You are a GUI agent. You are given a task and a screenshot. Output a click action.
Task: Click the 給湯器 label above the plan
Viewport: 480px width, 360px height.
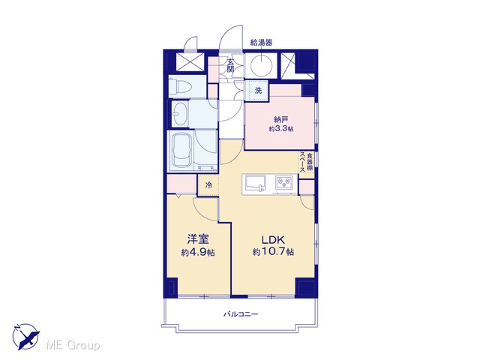(261, 43)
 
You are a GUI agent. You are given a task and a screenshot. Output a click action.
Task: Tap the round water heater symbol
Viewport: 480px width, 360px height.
(261, 65)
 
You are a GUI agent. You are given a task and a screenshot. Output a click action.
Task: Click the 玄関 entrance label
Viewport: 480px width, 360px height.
(230, 65)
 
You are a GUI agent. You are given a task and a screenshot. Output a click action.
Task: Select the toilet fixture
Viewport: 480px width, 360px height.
(181, 86)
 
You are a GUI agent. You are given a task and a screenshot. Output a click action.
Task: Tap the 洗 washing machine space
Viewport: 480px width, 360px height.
(259, 90)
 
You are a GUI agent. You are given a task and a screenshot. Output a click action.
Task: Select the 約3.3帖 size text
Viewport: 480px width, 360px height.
(281, 129)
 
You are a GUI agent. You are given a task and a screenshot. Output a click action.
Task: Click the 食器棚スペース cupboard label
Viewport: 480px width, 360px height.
(307, 162)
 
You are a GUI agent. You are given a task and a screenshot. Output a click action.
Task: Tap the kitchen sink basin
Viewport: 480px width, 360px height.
(254, 183)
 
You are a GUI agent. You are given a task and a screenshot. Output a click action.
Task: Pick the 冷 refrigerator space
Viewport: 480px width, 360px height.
(208, 185)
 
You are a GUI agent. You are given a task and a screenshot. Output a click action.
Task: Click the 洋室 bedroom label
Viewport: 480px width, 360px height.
(198, 239)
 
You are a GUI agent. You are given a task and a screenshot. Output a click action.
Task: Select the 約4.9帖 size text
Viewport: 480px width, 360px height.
(198, 253)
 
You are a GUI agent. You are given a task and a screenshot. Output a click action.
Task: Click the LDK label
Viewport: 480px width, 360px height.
(273, 239)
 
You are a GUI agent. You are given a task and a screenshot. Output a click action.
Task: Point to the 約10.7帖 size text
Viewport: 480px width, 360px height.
(273, 252)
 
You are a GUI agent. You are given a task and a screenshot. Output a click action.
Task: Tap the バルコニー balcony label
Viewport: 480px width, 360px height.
(241, 314)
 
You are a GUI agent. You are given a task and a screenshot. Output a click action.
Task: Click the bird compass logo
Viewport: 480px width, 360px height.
(26, 336)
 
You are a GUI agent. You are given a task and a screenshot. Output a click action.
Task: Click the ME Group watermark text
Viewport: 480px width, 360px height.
(73, 345)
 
